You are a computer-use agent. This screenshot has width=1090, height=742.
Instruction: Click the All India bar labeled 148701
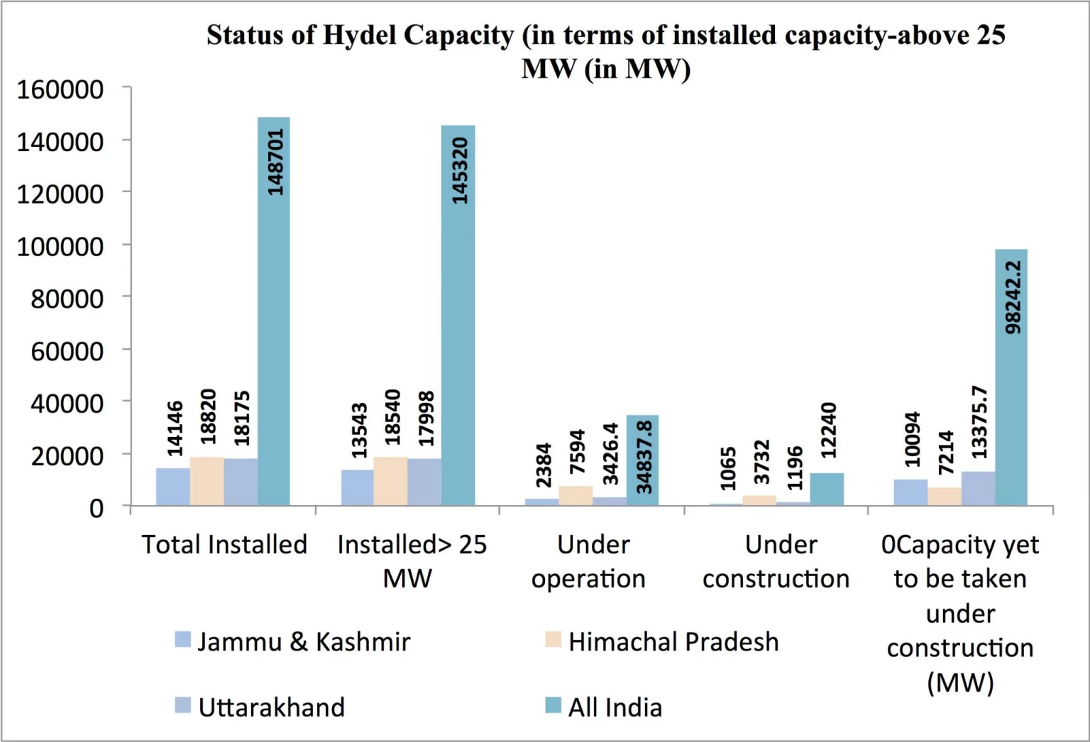click(274, 312)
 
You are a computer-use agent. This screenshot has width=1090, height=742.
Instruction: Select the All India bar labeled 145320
click(458, 316)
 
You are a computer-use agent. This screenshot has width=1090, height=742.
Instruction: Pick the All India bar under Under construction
click(827, 489)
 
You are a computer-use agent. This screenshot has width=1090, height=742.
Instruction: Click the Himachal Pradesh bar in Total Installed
click(207, 482)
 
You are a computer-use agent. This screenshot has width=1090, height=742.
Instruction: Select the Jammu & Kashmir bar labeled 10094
click(910, 493)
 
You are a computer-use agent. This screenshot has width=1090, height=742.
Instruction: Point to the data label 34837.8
click(644, 457)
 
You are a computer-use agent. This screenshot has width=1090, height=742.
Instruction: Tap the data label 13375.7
click(979, 423)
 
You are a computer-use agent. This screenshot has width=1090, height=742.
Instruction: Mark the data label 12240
click(828, 431)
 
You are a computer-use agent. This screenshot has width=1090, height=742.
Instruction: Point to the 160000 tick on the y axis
click(60, 89)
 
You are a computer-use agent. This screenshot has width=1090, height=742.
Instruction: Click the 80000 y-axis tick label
click(67, 299)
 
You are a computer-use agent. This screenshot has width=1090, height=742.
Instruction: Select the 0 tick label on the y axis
click(97, 508)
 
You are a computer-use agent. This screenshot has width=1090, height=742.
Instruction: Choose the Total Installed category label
click(224, 545)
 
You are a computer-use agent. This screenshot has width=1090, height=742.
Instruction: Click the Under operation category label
click(589, 562)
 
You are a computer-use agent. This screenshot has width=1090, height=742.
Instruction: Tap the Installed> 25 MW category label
click(412, 562)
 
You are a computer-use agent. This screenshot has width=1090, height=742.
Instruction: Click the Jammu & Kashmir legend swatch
click(183, 640)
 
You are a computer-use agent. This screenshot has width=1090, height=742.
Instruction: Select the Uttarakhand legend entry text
click(272, 707)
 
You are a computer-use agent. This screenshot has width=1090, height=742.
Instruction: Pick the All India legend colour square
click(553, 706)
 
